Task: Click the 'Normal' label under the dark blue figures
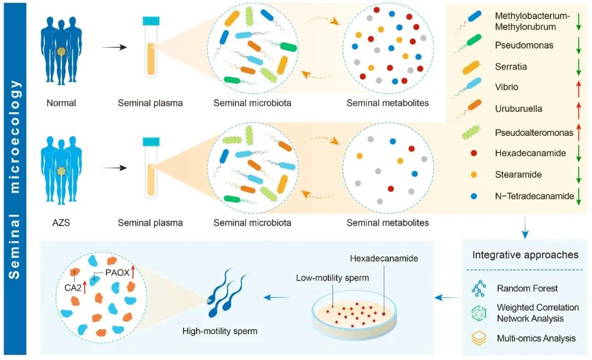(x=62, y=102)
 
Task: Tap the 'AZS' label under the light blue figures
(x=61, y=222)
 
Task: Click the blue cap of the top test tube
(x=152, y=21)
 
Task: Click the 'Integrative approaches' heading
(x=525, y=255)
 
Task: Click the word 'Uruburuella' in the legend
(x=519, y=108)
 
